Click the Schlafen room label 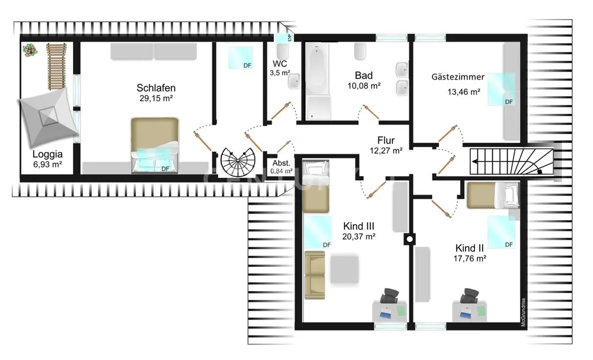[156, 88]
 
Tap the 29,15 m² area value [156, 98]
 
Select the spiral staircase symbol [238, 162]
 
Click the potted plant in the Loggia [30, 50]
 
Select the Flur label [386, 141]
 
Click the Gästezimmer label [458, 77]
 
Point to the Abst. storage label [281, 163]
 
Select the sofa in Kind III [315, 275]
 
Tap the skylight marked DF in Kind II [501, 232]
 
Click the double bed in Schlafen [155, 145]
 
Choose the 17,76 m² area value [470, 259]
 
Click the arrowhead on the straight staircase [474, 161]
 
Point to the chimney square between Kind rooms [410, 239]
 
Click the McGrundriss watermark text [524, 313]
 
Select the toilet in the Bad [361, 52]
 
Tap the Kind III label [359, 226]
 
